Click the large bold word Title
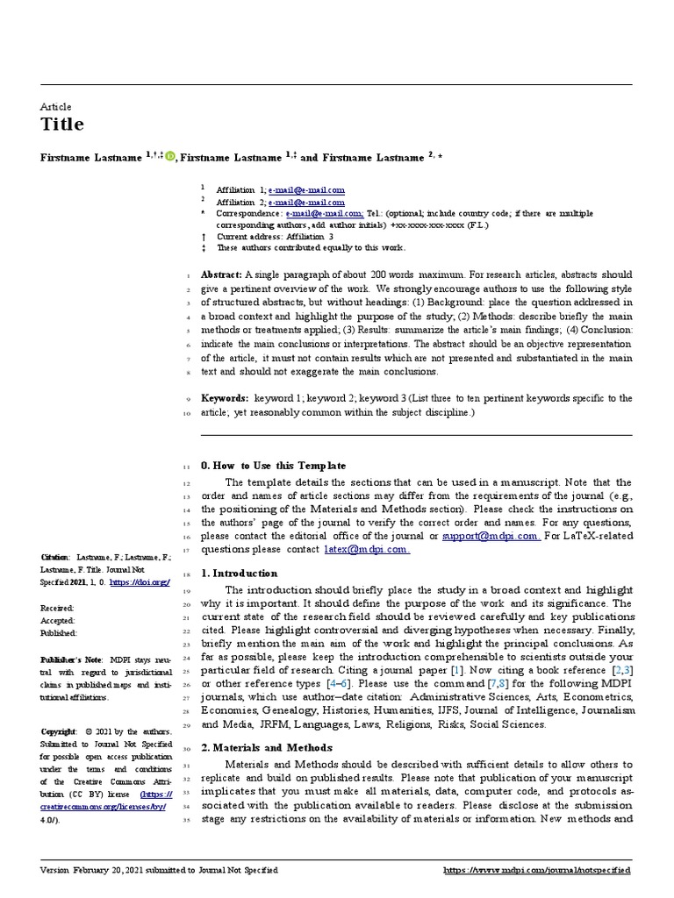[x=62, y=125]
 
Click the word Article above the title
[x=56, y=106]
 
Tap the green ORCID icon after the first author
[x=170, y=157]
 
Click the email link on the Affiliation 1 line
[x=306, y=189]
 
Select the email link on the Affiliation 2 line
[x=306, y=202]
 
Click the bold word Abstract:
[x=222, y=274]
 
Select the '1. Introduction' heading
[x=239, y=574]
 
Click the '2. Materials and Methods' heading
[x=267, y=747]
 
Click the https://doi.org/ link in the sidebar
[x=140, y=581]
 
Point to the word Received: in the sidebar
[x=58, y=607]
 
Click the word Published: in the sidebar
[x=59, y=632]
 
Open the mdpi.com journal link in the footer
[x=537, y=870]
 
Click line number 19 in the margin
[x=187, y=591]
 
